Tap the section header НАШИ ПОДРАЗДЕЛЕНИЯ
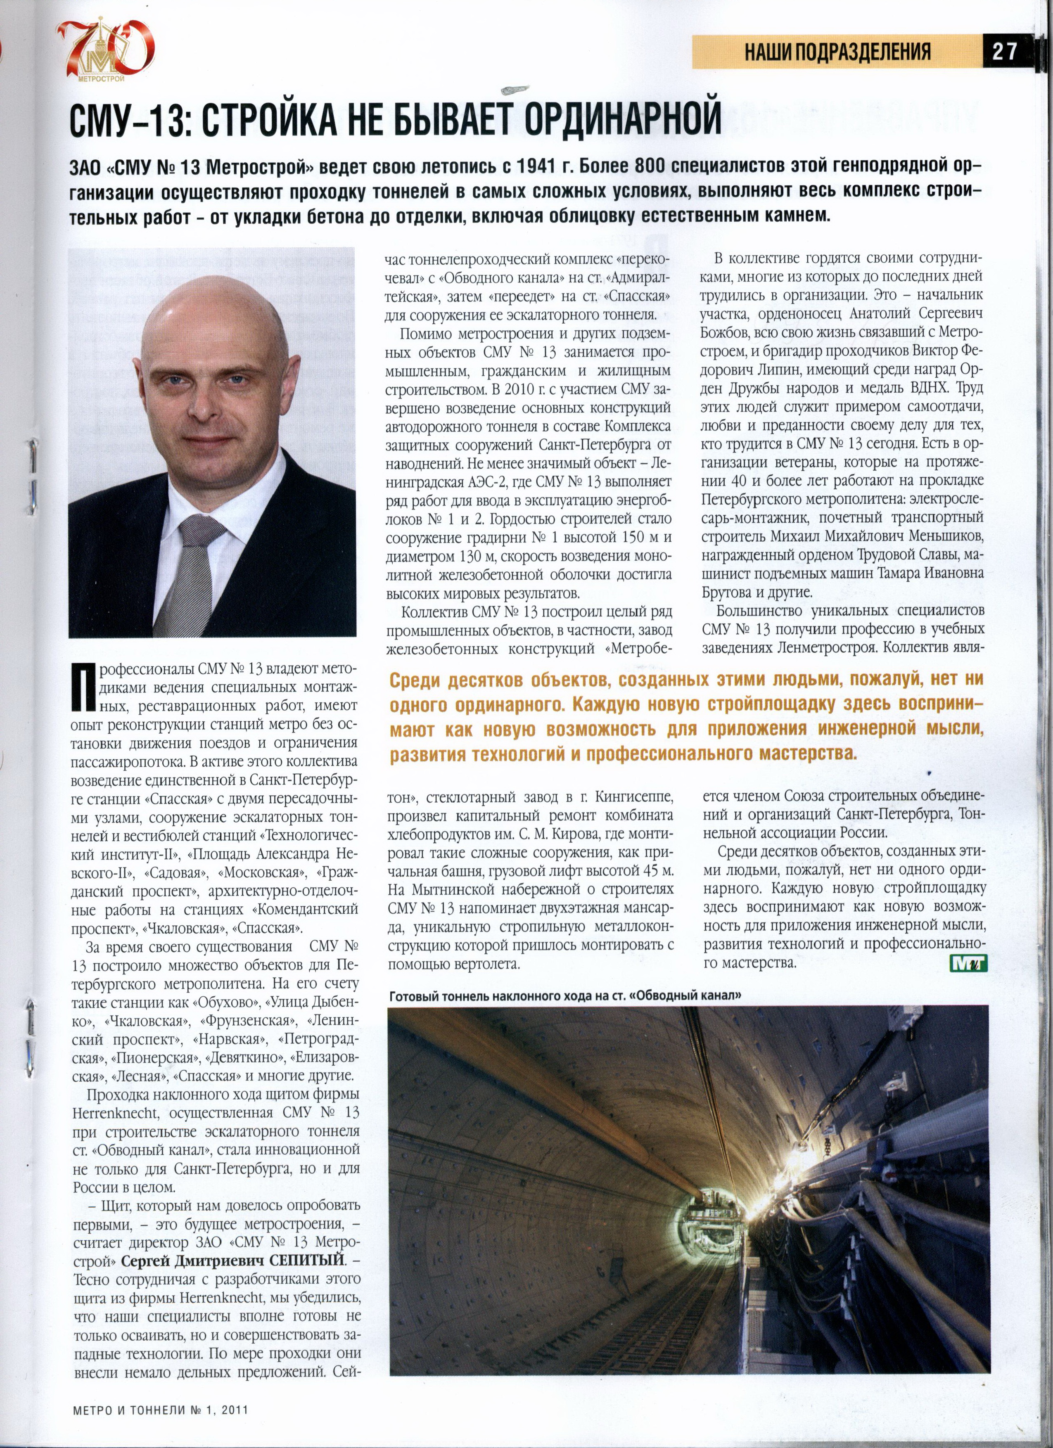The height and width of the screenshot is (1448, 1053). click(837, 52)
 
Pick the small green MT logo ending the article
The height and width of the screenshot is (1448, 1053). click(969, 963)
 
